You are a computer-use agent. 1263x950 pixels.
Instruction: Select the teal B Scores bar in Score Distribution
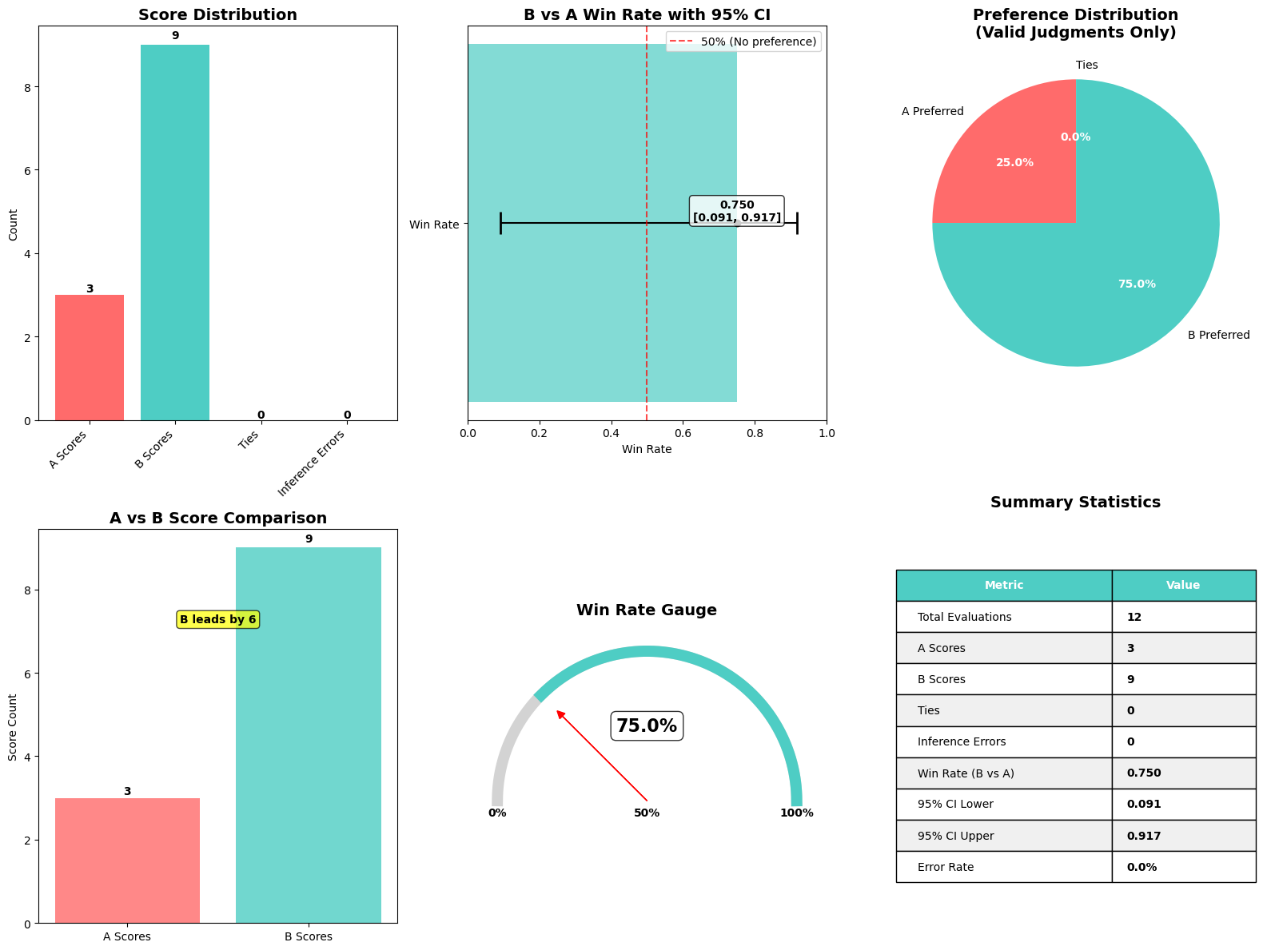[x=174, y=232]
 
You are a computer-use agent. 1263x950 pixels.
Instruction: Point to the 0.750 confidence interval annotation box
[x=736, y=211]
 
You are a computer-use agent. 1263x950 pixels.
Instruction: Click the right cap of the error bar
[x=797, y=223]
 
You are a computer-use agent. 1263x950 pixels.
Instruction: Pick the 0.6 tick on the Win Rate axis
[x=683, y=433]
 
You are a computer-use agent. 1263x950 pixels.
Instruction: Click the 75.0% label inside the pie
[x=1136, y=284]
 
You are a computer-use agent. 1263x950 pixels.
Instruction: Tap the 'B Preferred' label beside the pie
[x=1217, y=335]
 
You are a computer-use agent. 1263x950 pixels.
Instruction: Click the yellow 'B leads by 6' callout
[x=217, y=619]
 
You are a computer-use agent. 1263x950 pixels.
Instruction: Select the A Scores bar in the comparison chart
[x=127, y=861]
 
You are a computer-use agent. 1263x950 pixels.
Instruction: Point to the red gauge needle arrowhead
[x=560, y=713]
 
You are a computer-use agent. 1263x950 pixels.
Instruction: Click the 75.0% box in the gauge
[x=646, y=725]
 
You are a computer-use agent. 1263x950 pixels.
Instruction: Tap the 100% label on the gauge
[x=796, y=813]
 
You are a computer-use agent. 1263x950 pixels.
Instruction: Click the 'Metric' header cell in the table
[x=1003, y=585]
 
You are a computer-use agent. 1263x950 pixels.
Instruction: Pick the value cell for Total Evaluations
[x=1183, y=617]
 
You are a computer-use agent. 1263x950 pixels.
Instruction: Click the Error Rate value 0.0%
[x=1141, y=867]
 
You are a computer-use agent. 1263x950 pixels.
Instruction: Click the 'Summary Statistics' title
[x=1074, y=503]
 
